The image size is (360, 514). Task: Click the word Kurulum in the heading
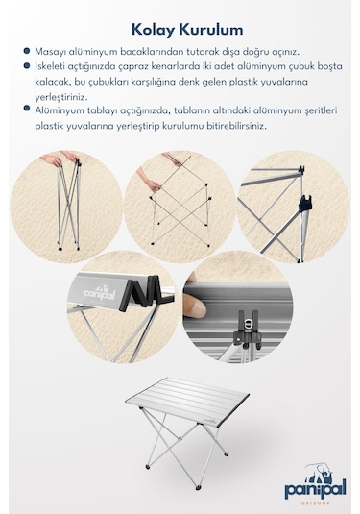pyautogui.click(x=211, y=30)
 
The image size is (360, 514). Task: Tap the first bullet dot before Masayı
pyautogui.click(x=27, y=51)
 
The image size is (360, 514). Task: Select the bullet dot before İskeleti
pyautogui.click(x=27, y=66)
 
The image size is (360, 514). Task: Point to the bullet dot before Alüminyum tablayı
pyautogui.click(x=27, y=109)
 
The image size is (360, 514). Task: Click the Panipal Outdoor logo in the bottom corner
pyautogui.click(x=315, y=484)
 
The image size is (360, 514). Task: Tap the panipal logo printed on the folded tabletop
pyautogui.click(x=99, y=293)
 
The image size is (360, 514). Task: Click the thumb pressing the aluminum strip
pyautogui.click(x=195, y=305)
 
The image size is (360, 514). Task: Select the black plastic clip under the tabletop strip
pyautogui.click(x=248, y=329)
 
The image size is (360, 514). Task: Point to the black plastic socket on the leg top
pyautogui.click(x=305, y=203)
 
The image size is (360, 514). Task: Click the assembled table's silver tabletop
pyautogui.click(x=187, y=401)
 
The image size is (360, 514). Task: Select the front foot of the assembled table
pyautogui.click(x=198, y=488)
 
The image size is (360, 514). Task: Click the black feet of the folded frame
pyautogui.click(x=68, y=248)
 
